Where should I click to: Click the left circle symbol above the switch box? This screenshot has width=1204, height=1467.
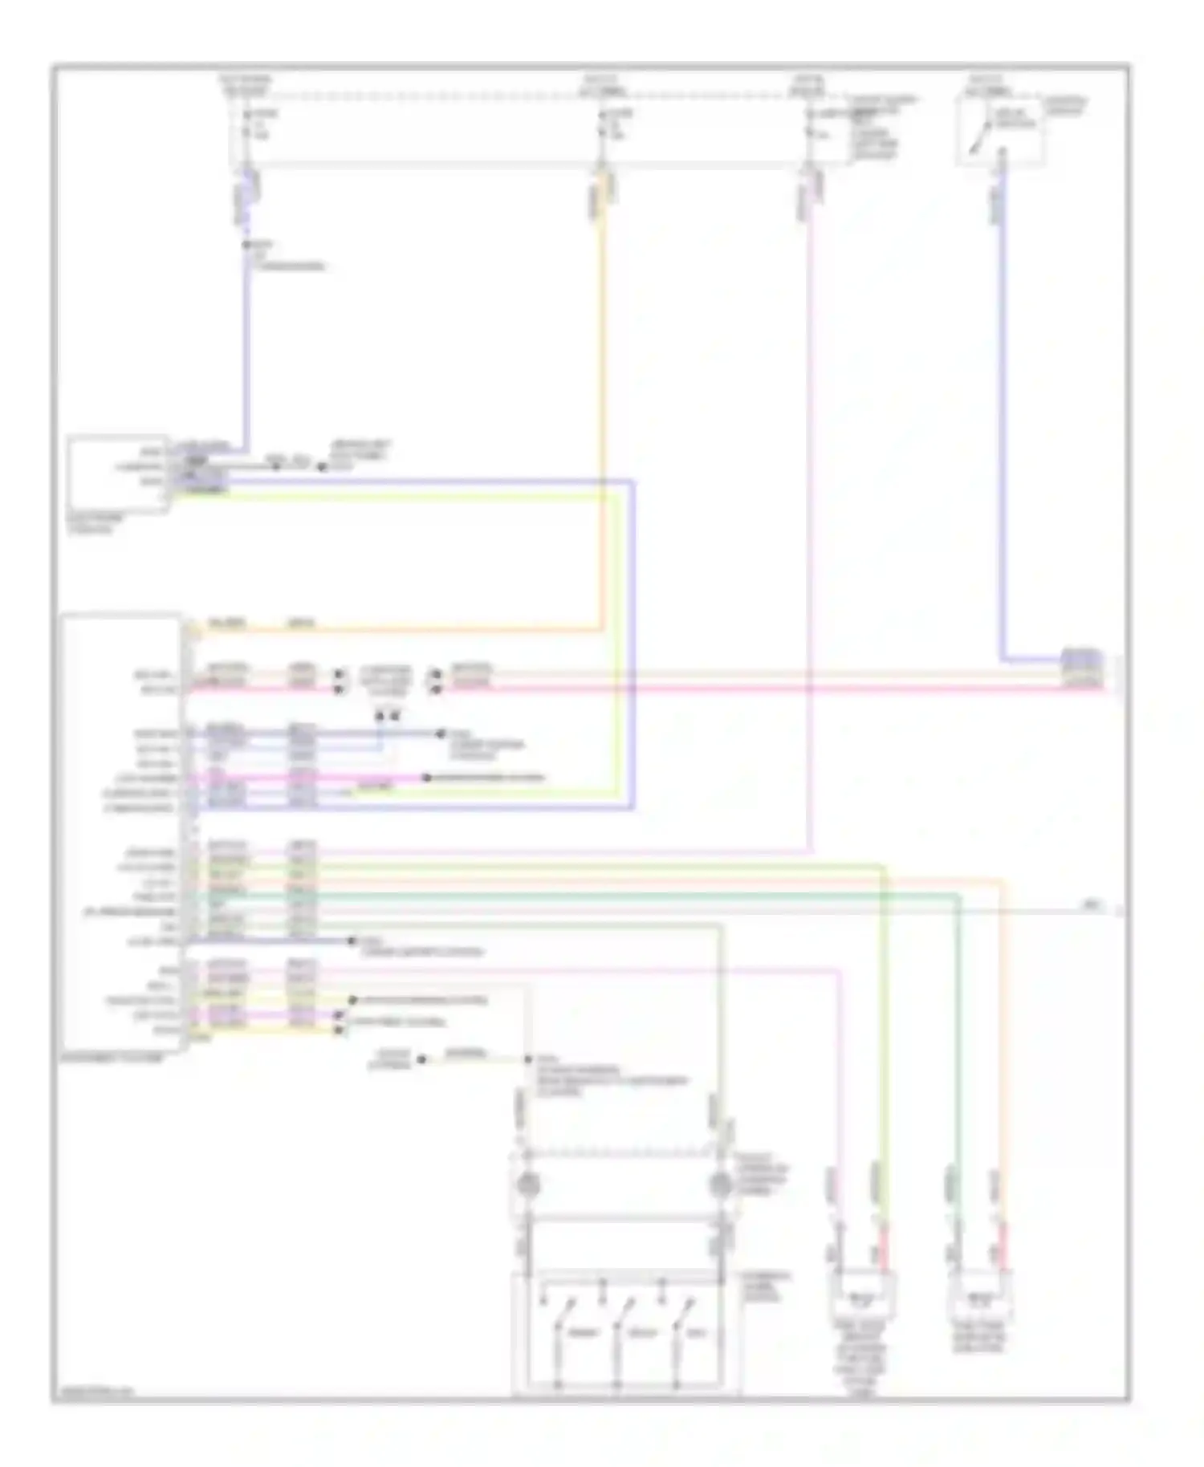point(527,1184)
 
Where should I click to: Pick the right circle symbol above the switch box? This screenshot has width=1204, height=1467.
point(720,1184)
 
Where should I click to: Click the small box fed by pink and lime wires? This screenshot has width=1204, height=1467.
point(861,1294)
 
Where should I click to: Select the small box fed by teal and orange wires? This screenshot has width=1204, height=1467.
point(980,1294)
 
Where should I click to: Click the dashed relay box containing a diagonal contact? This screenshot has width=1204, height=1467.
point(1000,132)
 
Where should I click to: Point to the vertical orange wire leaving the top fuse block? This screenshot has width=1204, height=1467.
point(601,401)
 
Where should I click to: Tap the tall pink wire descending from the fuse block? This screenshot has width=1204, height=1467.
point(810,522)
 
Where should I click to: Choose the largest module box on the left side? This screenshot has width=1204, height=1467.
point(121,831)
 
